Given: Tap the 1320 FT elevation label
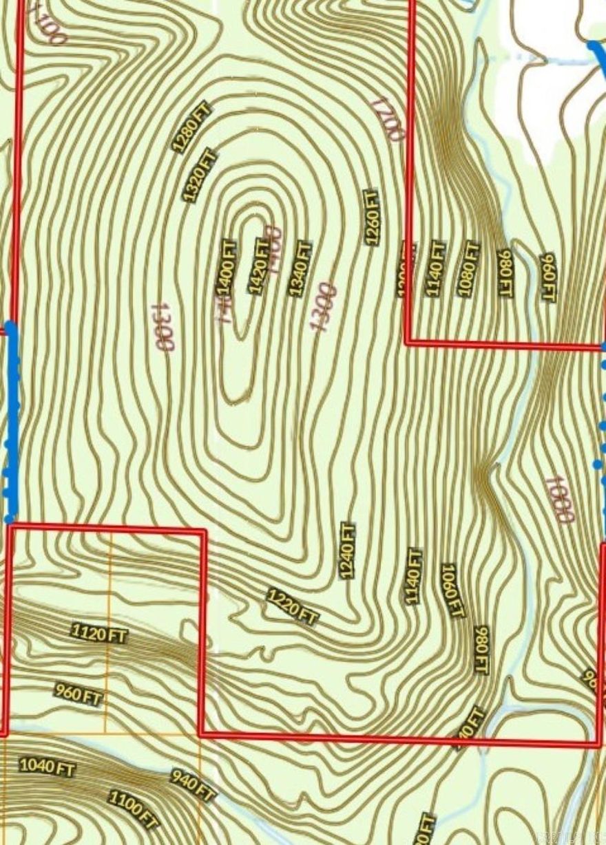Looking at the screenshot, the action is [200, 175].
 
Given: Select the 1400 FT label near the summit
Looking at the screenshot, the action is [227, 268].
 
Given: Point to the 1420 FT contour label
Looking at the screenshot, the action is [260, 266].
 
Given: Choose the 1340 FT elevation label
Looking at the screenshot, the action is [300, 268].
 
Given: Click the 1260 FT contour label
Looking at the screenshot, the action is [372, 217].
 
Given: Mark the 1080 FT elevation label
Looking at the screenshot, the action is [469, 268].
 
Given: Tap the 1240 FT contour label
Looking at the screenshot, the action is [347, 550].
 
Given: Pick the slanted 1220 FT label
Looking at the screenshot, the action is [293, 607].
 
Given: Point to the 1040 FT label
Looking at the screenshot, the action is [48, 766].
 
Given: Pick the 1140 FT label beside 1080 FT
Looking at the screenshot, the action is [435, 268].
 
